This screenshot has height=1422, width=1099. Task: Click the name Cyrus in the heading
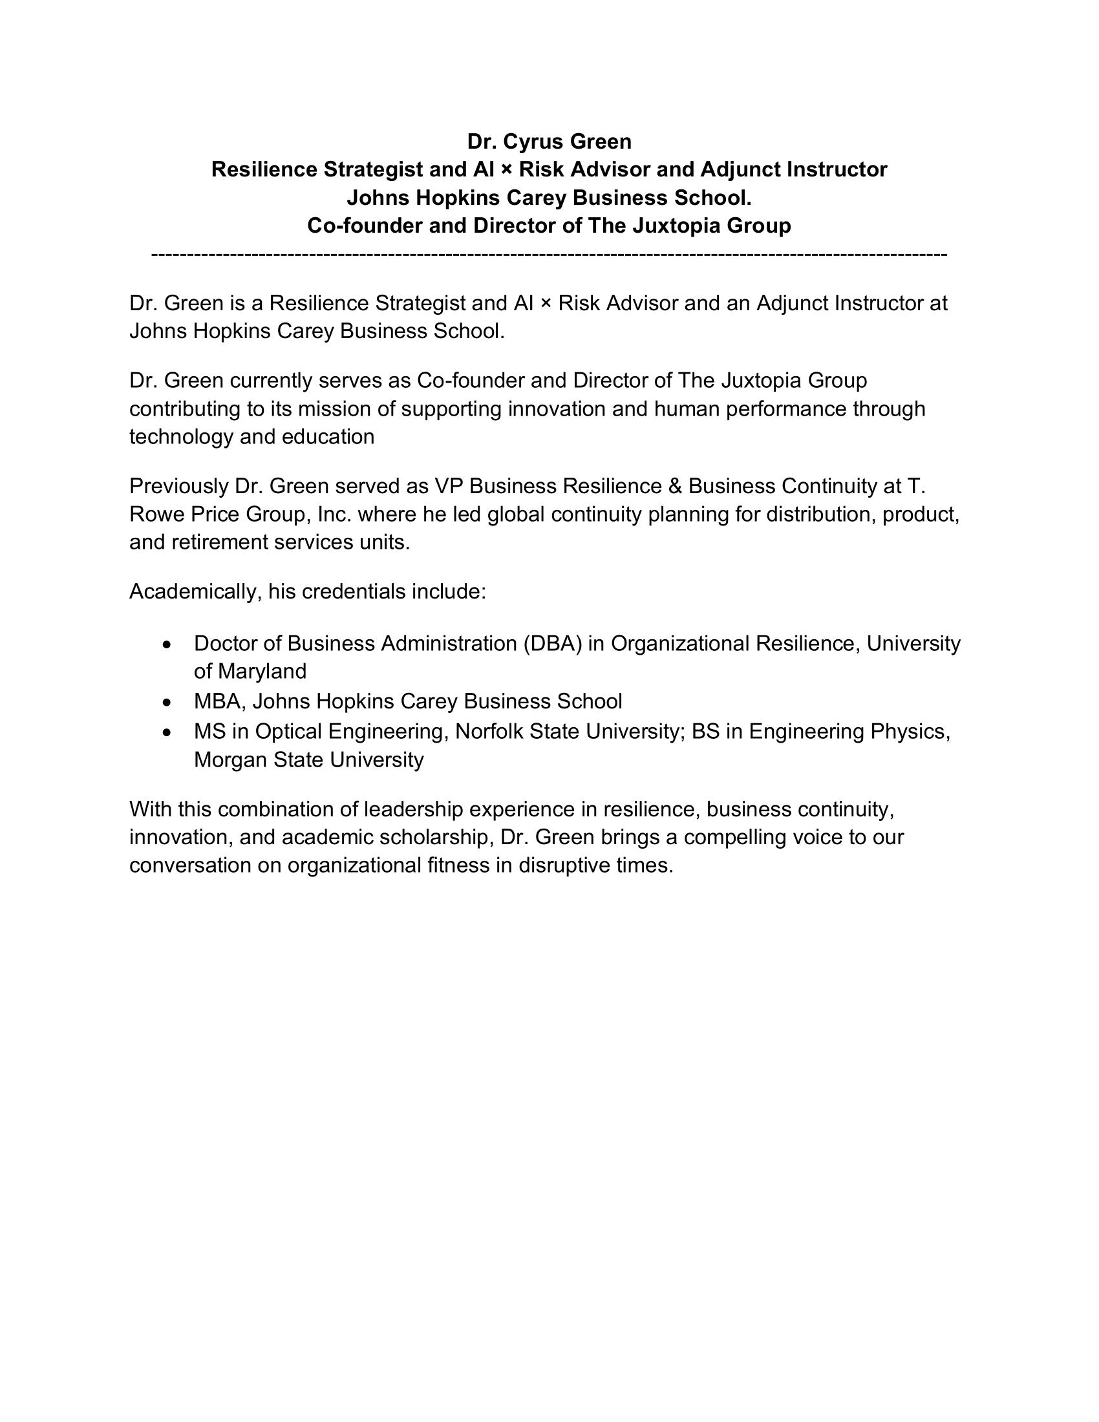pyautogui.click(x=533, y=142)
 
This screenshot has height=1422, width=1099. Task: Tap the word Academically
pyautogui.click(x=195, y=592)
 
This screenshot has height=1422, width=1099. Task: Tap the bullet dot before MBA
pyautogui.click(x=168, y=703)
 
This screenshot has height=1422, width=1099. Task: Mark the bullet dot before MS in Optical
pyautogui.click(x=168, y=732)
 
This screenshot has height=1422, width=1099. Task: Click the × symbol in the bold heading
pyautogui.click(x=506, y=170)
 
